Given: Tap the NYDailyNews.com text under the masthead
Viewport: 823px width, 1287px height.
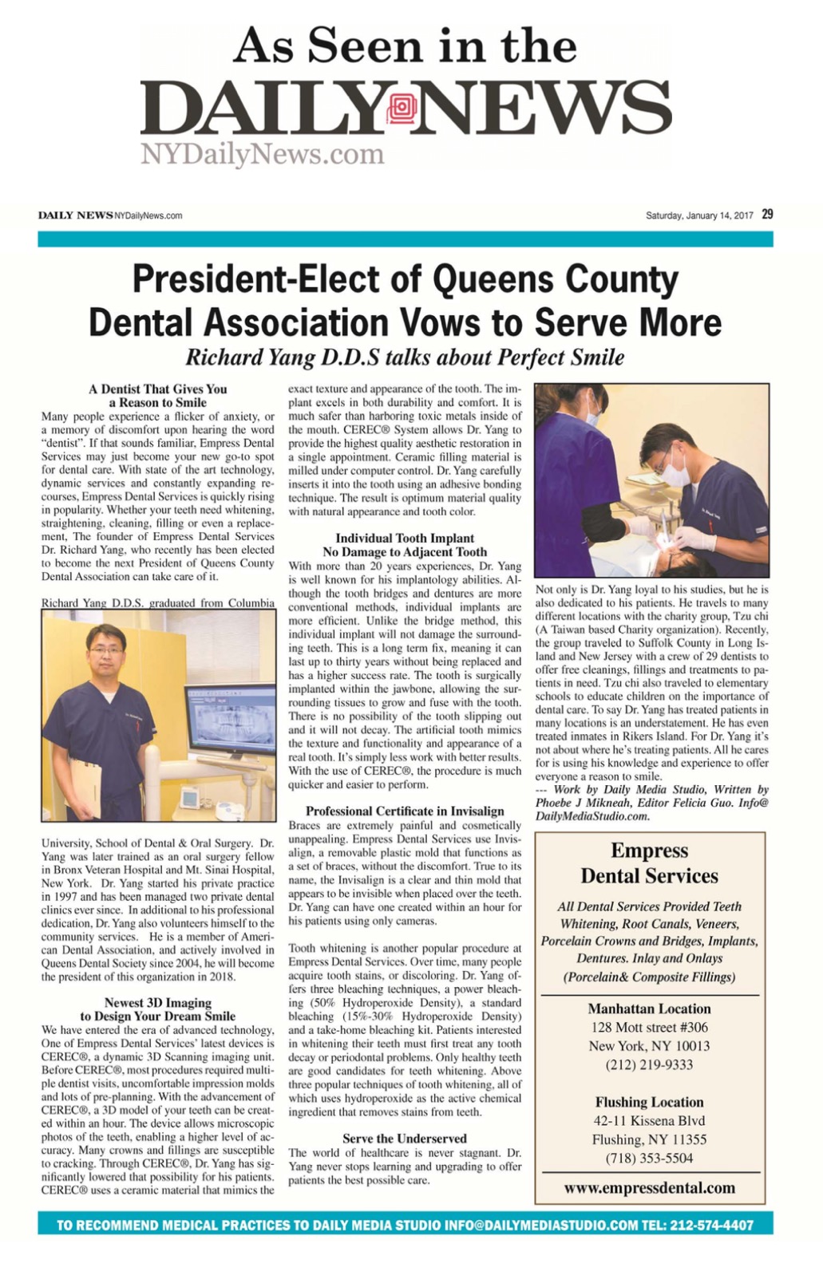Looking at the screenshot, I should [x=262, y=154].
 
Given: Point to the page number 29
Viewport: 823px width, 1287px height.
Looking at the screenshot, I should [x=767, y=214].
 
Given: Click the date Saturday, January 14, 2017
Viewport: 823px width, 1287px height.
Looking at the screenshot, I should [x=699, y=215].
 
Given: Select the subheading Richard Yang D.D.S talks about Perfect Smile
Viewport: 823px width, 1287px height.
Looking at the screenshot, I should [x=405, y=357].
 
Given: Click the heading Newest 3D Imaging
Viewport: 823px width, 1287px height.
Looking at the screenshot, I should [x=157, y=1002].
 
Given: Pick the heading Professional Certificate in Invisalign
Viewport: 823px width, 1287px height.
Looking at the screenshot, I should [x=405, y=811].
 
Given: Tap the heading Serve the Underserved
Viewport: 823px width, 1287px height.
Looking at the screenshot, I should [x=405, y=1138].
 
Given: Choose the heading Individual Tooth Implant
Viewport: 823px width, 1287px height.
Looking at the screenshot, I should [x=405, y=538].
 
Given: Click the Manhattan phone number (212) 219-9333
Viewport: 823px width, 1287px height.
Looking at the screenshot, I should [x=649, y=1064].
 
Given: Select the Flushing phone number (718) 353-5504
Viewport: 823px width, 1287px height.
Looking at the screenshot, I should [x=649, y=1158].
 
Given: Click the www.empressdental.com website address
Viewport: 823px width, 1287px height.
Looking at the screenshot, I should [x=649, y=1187].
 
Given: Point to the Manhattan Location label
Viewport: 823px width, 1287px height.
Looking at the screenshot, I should [x=649, y=1009].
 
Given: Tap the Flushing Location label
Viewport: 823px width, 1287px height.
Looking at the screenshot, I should [x=649, y=1102].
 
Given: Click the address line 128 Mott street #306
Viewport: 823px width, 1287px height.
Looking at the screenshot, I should [x=649, y=1027].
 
